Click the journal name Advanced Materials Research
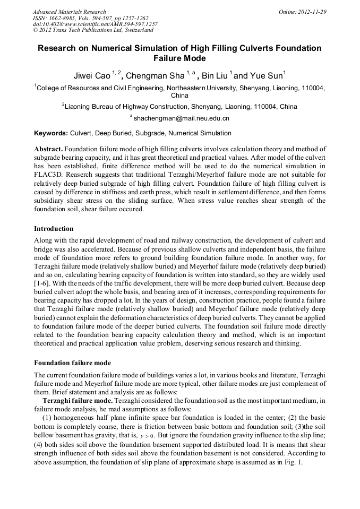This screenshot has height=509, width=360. (69, 11)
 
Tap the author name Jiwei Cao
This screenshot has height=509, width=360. (91, 75)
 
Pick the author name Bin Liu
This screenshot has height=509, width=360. (215, 75)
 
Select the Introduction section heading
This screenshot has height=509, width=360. (54, 229)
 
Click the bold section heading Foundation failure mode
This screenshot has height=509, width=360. (72, 363)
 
